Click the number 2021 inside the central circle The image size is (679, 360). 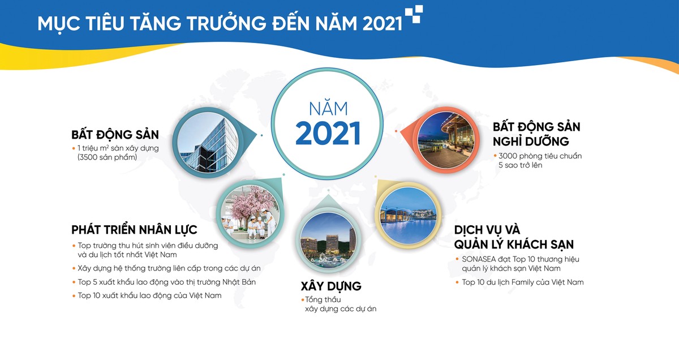[x=328, y=134]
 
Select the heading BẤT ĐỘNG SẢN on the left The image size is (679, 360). [x=115, y=135]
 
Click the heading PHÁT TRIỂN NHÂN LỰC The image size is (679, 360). [x=134, y=230]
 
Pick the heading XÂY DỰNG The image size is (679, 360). [x=331, y=285]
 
